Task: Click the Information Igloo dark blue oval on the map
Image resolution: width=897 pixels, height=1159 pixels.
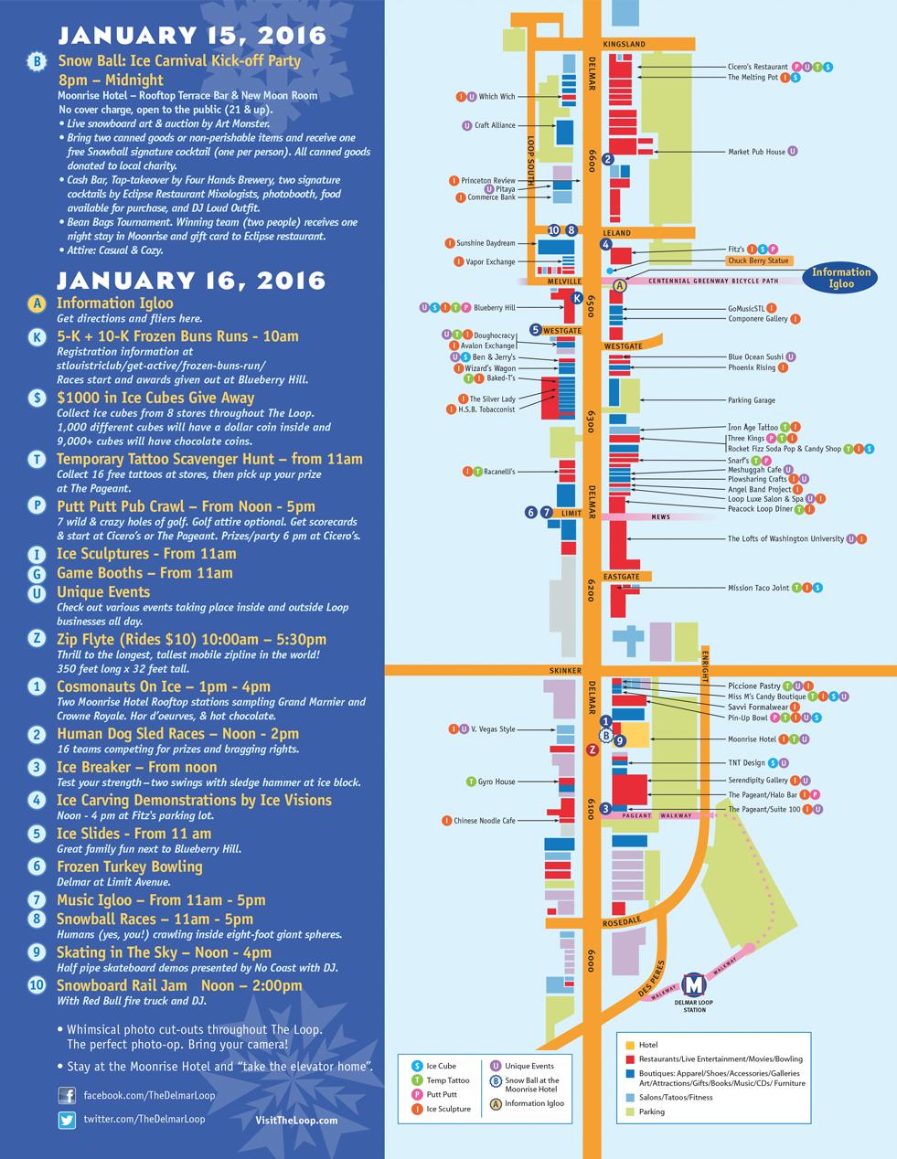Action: click(840, 278)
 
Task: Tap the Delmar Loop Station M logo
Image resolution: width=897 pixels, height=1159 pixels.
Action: click(695, 985)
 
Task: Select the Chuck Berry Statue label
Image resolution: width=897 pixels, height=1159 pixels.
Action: click(758, 261)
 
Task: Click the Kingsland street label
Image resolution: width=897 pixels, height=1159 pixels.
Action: click(625, 44)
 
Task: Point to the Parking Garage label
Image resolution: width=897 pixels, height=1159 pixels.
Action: click(751, 400)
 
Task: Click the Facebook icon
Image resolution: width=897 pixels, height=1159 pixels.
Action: click(67, 1095)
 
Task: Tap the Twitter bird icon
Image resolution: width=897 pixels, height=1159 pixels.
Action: click(67, 1120)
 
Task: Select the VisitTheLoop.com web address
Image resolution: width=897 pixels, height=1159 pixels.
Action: click(296, 1120)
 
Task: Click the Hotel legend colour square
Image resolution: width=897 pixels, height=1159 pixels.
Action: click(629, 1045)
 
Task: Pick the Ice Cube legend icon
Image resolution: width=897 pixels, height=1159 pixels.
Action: click(417, 1066)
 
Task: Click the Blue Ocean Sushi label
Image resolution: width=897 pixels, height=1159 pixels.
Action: click(755, 356)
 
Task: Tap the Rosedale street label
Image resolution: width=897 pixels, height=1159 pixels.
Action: click(622, 923)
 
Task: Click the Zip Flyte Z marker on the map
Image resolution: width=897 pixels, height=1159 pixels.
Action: click(593, 750)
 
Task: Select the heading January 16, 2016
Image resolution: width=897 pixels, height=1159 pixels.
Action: click(191, 280)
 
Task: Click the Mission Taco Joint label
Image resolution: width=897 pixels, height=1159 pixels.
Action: click(758, 588)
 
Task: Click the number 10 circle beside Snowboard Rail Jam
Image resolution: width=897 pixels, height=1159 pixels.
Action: click(37, 985)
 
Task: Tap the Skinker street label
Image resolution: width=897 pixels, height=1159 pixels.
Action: click(565, 670)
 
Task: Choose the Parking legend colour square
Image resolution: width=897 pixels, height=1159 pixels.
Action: click(629, 1111)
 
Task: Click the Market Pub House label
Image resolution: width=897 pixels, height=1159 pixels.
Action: click(756, 152)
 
